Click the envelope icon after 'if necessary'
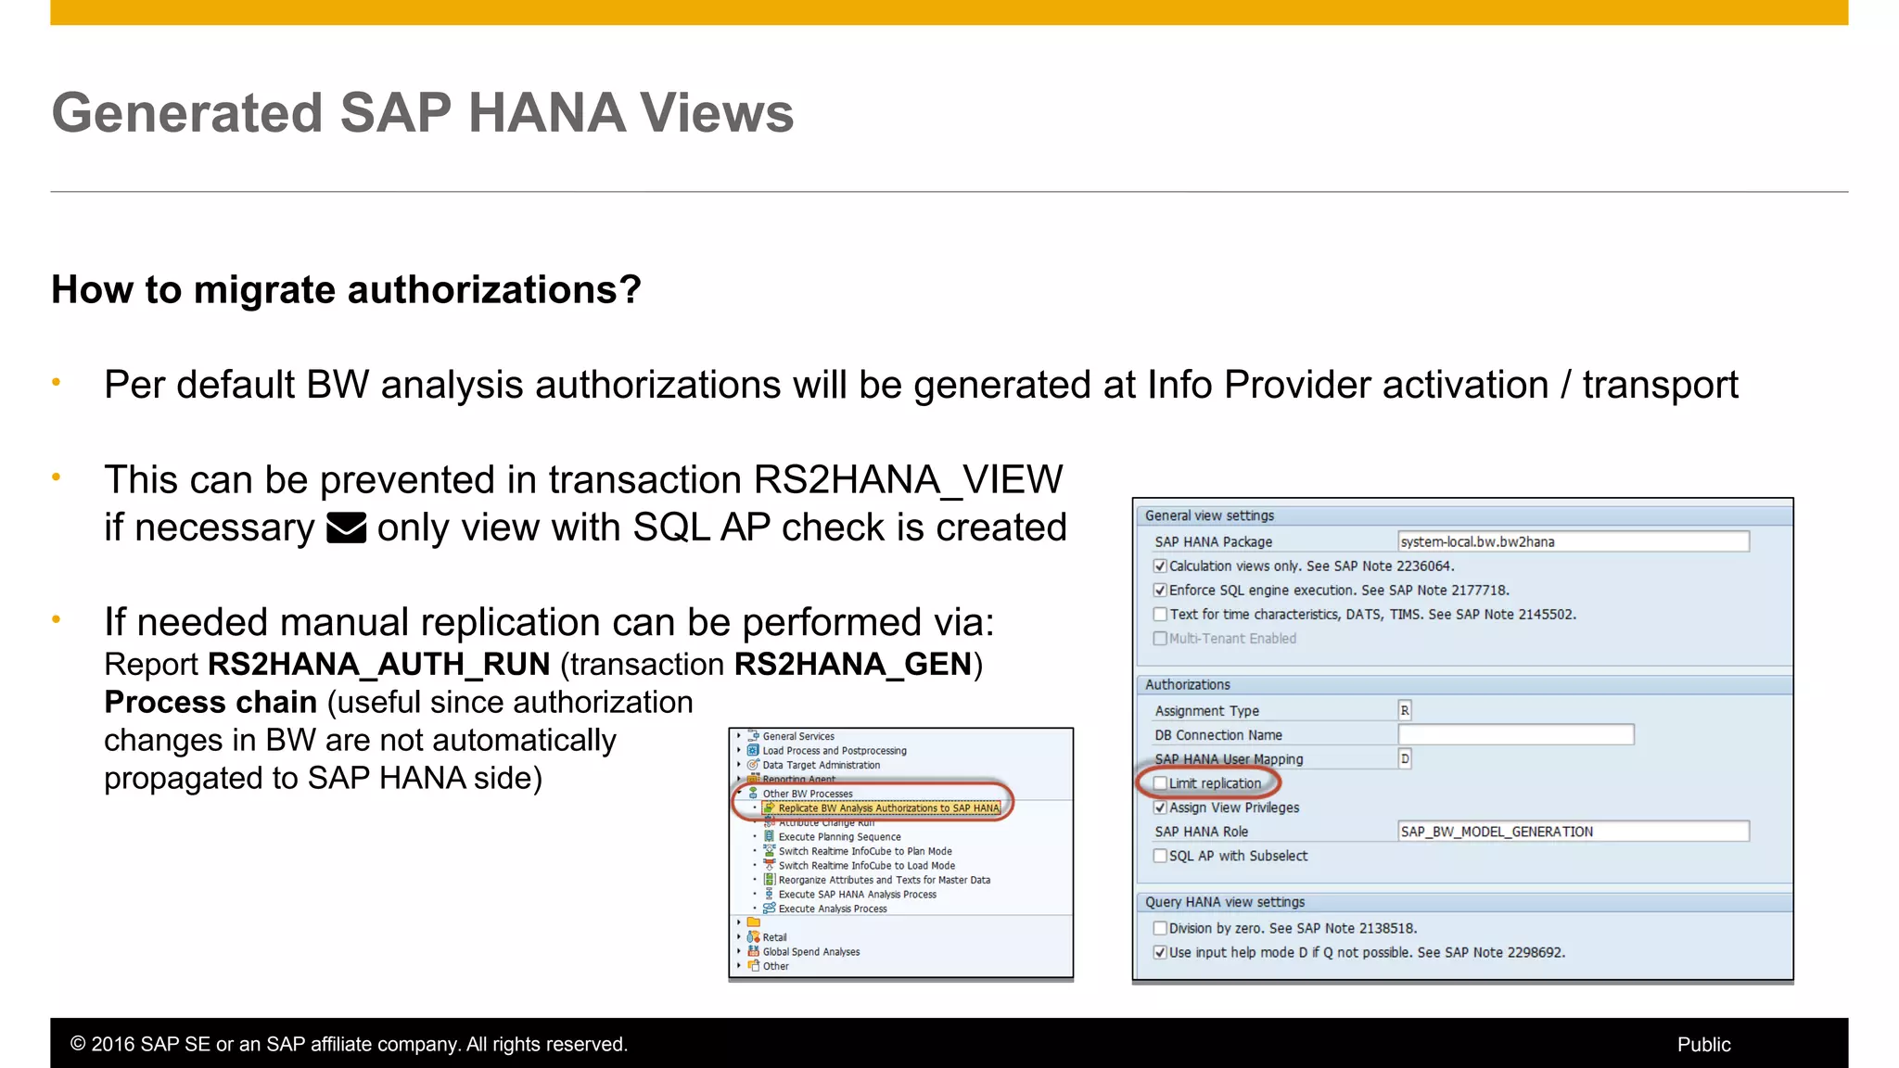(x=347, y=528)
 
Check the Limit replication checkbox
(x=1160, y=783)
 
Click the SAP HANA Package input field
(x=1573, y=541)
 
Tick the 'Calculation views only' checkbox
(x=1160, y=566)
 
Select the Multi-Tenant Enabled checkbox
(x=1160, y=639)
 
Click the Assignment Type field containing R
(x=1405, y=711)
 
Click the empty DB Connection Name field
(x=1515, y=735)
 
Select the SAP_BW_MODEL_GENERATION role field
(x=1573, y=832)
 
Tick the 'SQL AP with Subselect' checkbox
(x=1160, y=857)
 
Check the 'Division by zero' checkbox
(x=1160, y=929)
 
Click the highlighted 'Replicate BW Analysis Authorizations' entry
(x=887, y=808)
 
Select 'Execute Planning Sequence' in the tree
(x=839, y=837)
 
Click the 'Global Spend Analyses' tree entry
(x=810, y=952)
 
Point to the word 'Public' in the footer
(x=1703, y=1045)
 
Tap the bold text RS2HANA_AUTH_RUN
(x=378, y=665)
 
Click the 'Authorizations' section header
(x=1187, y=685)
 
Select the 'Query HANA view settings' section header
(x=1224, y=902)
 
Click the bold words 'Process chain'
(x=210, y=703)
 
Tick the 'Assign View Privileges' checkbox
(x=1160, y=808)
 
